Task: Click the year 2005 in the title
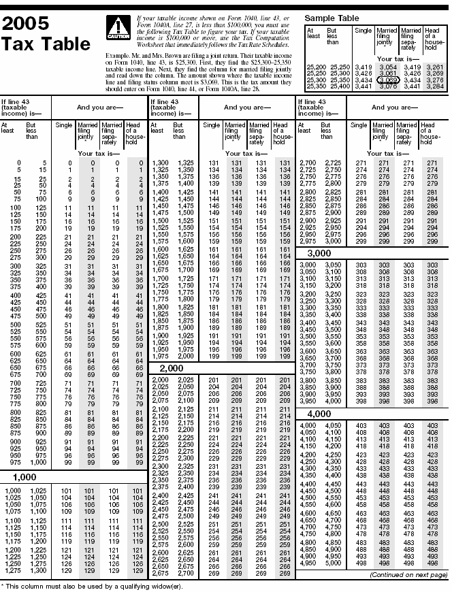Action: click(25, 24)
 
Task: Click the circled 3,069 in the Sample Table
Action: click(387, 80)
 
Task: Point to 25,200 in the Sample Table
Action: click(316, 67)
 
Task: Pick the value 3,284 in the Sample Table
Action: click(434, 86)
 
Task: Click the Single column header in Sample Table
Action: click(363, 31)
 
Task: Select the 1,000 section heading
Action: click(24, 477)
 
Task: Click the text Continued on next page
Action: click(408, 575)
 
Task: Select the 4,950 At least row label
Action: click(309, 564)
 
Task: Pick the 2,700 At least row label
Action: click(309, 163)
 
